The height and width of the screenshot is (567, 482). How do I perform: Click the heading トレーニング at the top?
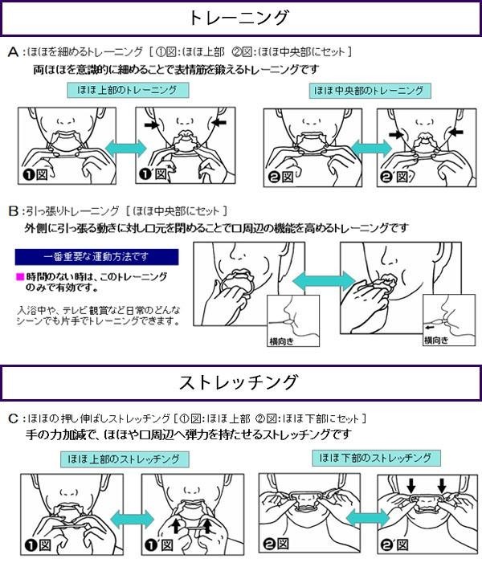[239, 18]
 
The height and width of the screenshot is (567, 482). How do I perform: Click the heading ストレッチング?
[239, 382]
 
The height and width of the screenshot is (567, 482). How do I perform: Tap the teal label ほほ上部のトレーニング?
[128, 90]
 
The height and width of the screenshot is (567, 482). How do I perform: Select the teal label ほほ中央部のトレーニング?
[370, 91]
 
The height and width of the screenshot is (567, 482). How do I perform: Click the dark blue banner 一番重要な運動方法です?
[96, 257]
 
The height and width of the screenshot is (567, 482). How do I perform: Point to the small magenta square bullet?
[20, 277]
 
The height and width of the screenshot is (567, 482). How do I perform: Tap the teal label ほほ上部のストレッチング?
[125, 459]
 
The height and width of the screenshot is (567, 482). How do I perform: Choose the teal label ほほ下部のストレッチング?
[376, 458]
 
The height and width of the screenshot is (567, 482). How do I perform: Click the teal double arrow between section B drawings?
[324, 281]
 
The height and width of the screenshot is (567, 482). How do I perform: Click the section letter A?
[13, 52]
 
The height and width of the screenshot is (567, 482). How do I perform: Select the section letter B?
[14, 211]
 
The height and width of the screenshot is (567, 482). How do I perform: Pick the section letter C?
[14, 418]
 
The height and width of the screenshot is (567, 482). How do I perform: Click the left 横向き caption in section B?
[281, 341]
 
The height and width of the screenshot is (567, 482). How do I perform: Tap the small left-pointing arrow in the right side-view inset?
[430, 328]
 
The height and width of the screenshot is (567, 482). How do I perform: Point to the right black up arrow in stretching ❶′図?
[207, 525]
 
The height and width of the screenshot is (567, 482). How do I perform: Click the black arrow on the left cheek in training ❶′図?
[152, 125]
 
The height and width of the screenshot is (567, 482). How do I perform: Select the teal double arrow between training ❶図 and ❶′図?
[125, 148]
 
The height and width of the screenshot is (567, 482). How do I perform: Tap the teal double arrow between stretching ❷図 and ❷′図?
[369, 519]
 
